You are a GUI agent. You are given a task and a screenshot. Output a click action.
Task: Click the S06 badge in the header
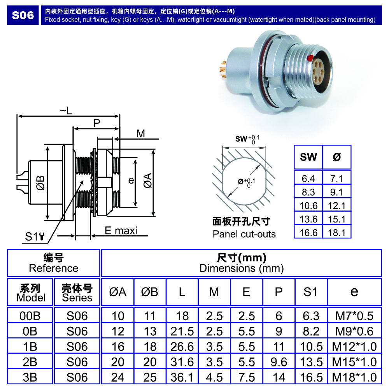tap(23, 15)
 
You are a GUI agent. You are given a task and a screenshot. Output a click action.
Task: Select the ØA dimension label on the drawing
tap(148, 181)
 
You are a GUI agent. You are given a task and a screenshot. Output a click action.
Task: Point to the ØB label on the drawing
tap(40, 183)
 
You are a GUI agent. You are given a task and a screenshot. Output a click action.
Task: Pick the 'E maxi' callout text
tap(121, 231)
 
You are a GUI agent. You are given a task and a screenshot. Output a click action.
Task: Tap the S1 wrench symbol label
tap(35, 237)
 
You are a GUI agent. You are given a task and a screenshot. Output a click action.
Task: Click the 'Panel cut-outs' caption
tap(244, 234)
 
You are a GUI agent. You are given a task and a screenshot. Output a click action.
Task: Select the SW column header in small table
tap(308, 157)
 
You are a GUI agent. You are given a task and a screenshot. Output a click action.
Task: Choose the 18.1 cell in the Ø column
tap(337, 233)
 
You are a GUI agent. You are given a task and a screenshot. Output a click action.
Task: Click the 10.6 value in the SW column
tap(309, 206)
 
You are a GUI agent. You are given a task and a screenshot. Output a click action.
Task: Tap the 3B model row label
tap(30, 377)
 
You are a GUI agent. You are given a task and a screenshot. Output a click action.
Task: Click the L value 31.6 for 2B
tap(182, 362)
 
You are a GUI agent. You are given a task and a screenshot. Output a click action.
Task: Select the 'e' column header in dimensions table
tap(354, 292)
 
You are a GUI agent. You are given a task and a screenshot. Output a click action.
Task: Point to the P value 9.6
tap(279, 362)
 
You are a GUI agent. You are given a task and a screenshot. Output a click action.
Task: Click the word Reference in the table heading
tap(54, 268)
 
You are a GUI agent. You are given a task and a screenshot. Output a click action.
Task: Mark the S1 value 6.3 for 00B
tap(311, 315)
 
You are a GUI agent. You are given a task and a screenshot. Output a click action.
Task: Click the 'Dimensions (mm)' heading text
tap(241, 268)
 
